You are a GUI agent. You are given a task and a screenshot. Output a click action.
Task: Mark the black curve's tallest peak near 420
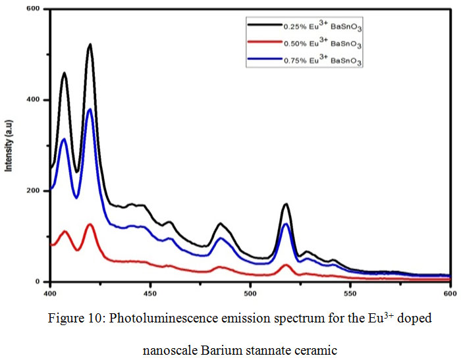(90, 45)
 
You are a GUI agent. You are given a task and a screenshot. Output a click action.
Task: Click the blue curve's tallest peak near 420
(90, 109)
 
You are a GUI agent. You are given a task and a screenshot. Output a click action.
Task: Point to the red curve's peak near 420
(90, 224)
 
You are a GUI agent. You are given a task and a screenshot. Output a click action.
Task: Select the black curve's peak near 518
(286, 205)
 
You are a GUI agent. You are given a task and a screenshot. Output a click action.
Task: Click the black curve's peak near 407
(65, 73)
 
